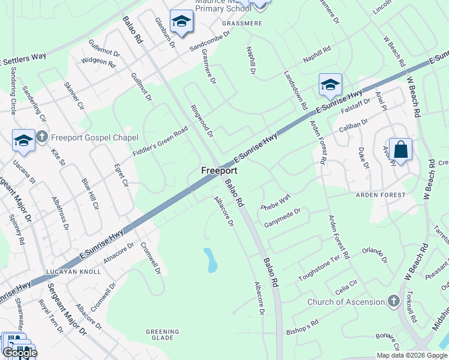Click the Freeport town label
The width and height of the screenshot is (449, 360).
(x=218, y=171)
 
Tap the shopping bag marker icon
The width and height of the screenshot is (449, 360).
(x=400, y=149)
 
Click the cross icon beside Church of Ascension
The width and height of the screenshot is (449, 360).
(x=393, y=301)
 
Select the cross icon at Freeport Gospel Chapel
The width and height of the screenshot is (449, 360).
(x=41, y=137)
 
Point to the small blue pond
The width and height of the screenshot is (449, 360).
(x=211, y=259)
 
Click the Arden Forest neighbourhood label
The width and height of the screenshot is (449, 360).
(x=381, y=196)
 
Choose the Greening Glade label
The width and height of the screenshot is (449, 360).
(x=163, y=335)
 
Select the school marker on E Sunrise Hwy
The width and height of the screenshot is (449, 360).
(x=330, y=85)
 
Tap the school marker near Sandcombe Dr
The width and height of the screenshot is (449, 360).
(x=180, y=22)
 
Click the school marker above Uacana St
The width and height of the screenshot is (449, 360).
(x=23, y=140)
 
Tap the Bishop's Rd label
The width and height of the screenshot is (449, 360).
(x=302, y=327)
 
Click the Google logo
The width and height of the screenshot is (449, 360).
(x=19, y=352)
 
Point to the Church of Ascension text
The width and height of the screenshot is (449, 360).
(x=346, y=302)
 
